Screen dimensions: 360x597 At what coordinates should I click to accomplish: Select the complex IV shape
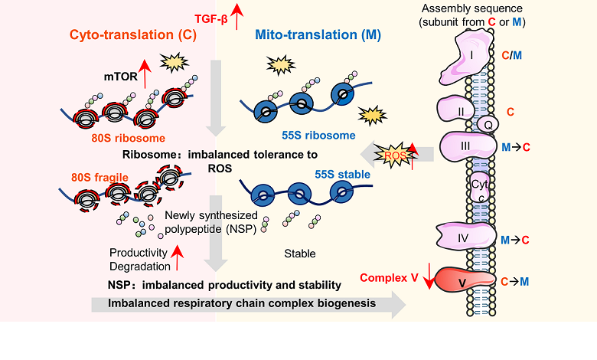click(463, 238)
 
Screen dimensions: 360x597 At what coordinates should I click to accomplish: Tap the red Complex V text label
click(389, 277)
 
